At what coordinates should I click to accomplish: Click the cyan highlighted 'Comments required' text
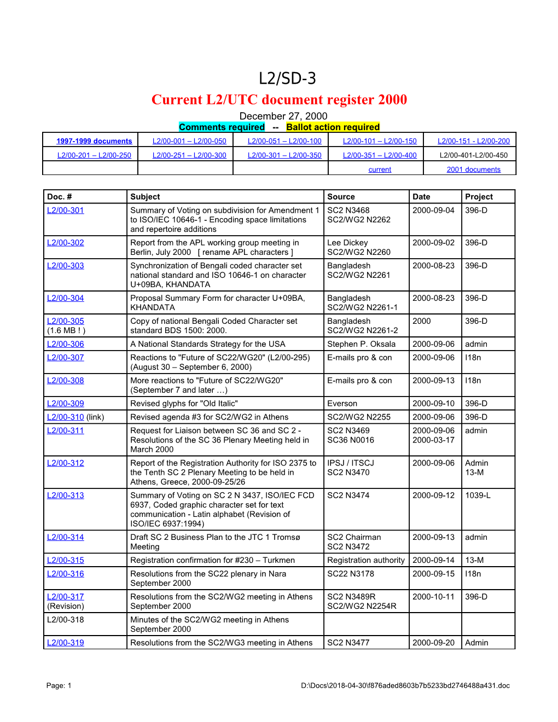[222, 127]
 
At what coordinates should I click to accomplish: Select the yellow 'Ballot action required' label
[333, 127]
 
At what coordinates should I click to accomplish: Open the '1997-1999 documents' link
[94, 141]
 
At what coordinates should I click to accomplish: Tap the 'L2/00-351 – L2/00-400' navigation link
[380, 155]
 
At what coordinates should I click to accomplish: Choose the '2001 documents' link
[473, 170]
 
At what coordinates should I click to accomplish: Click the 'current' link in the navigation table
[380, 170]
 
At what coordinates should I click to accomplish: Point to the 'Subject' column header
[145, 197]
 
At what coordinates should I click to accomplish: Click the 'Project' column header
[479, 197]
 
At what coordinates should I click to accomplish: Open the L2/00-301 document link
[66, 211]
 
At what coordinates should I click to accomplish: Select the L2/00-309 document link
[66, 404]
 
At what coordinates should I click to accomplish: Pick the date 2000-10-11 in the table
[433, 597]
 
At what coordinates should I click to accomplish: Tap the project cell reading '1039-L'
[478, 496]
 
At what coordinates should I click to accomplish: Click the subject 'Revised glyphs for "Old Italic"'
[184, 404]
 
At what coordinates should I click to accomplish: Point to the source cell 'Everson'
[342, 404]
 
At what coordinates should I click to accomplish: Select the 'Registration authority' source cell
[365, 560]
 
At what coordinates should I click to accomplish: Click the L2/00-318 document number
[66, 620]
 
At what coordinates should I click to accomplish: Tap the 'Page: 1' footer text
[59, 685]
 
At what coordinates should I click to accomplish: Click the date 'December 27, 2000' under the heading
[283, 116]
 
